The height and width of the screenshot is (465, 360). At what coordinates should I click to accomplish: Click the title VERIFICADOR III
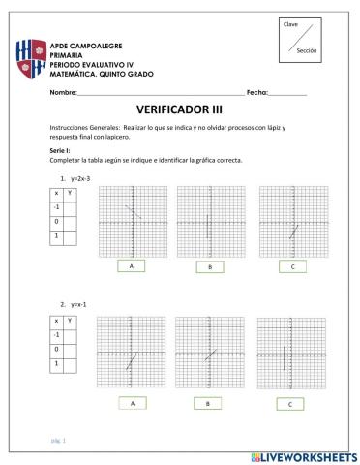click(180, 110)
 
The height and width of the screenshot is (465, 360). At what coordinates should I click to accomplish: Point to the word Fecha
click(257, 91)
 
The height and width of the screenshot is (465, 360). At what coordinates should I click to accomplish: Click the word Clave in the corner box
click(290, 23)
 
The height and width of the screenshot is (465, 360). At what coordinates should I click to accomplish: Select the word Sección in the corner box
click(307, 50)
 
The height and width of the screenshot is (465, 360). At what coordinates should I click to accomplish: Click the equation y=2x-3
click(80, 178)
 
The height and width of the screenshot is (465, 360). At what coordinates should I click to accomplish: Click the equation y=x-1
click(78, 304)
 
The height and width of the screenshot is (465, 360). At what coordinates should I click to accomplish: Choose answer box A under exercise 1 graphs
click(131, 265)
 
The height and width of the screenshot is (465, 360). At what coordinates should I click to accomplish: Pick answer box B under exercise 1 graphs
click(208, 266)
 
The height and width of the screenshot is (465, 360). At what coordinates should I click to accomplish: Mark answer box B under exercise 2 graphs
click(208, 402)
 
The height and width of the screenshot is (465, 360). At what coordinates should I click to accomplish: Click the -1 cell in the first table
click(57, 207)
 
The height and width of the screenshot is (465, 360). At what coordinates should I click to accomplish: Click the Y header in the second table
click(69, 320)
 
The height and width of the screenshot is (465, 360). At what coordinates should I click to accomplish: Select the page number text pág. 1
click(58, 438)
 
